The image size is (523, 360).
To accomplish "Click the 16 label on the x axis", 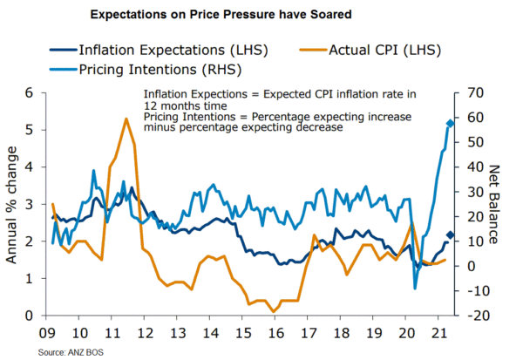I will (x=276, y=332).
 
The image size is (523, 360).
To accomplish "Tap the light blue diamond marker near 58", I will (x=450, y=124).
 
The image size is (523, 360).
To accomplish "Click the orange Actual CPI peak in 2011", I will (x=126, y=119).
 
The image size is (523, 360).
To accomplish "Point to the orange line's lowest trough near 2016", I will (x=275, y=311).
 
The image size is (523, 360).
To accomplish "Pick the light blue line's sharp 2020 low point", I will (x=415, y=288).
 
